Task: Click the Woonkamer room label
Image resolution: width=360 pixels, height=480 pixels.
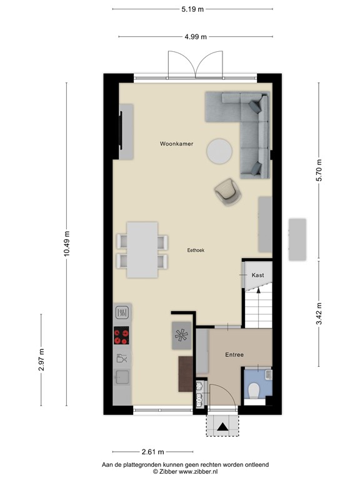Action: (177, 144)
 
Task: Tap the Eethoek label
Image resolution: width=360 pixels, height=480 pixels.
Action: (196, 250)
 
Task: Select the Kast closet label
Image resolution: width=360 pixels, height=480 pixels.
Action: (257, 275)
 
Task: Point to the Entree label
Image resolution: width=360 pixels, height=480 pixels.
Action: (234, 354)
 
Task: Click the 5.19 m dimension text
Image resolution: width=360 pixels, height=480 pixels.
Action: (192, 9)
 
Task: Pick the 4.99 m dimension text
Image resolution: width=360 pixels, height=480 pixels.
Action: (196, 37)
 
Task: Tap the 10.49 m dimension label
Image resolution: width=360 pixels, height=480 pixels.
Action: (67, 244)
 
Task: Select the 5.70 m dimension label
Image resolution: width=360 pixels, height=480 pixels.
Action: (319, 170)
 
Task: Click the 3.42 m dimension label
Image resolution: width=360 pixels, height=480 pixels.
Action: (319, 314)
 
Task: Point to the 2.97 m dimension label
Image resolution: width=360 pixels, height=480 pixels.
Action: (42, 360)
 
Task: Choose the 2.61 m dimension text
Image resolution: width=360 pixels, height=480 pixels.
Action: (152, 451)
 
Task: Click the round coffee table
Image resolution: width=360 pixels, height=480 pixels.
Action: (219, 151)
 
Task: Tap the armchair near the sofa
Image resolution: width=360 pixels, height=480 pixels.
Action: (228, 192)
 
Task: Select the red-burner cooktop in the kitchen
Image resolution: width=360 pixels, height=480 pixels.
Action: (121, 336)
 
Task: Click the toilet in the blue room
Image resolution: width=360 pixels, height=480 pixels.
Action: (254, 390)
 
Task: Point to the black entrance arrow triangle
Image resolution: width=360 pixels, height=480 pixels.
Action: (222, 427)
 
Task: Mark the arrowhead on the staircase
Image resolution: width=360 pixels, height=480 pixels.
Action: (259, 290)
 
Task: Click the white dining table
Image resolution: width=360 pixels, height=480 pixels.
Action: (142, 250)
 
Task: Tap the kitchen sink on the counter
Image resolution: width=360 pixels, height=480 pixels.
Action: (122, 377)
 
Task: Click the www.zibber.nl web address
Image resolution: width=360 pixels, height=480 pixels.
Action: (198, 471)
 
